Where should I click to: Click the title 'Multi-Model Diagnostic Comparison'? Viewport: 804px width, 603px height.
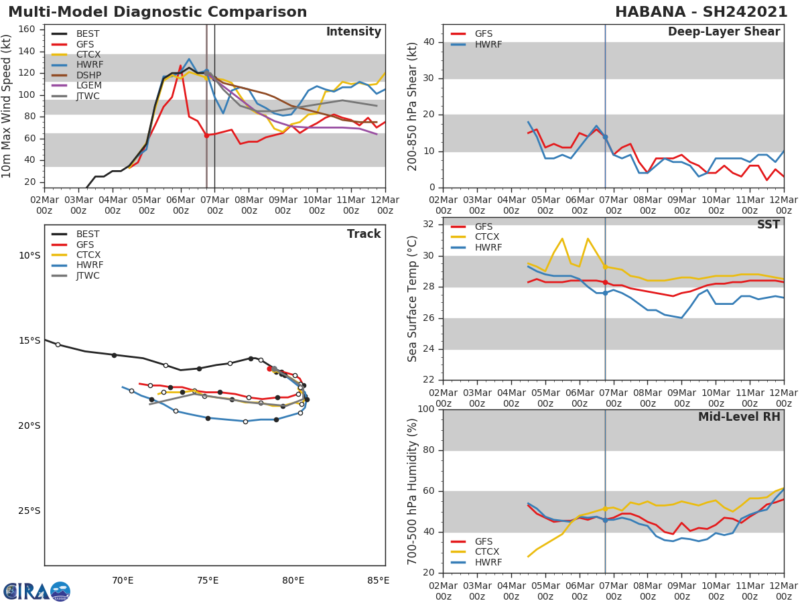tap(157, 12)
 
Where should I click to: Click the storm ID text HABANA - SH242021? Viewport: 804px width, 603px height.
tap(701, 12)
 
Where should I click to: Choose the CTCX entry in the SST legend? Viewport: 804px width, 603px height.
tap(488, 237)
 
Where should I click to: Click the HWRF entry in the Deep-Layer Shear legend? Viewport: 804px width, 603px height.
tap(488, 44)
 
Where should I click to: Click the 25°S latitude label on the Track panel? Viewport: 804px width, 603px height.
tap(29, 511)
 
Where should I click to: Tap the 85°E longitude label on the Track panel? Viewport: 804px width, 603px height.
tap(378, 580)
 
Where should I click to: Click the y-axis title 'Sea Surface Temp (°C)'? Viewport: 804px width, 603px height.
tap(413, 299)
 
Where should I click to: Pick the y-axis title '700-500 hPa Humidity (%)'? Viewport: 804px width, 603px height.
tap(413, 491)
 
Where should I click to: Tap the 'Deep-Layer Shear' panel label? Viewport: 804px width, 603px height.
tap(724, 32)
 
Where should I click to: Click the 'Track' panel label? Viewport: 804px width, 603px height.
tap(364, 234)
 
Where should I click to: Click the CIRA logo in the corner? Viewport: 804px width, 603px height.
tap(36, 592)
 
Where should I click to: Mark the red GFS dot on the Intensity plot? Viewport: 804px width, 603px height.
tap(206, 135)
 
